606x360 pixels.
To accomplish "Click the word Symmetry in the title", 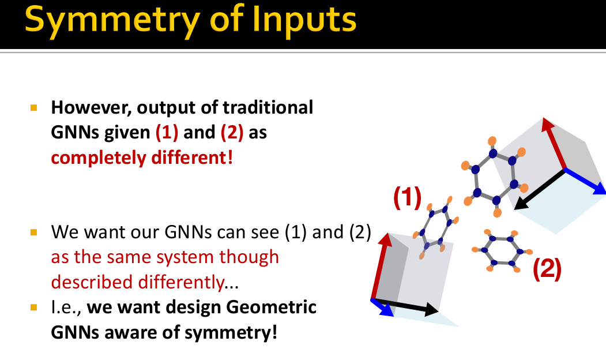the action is [x=112, y=20].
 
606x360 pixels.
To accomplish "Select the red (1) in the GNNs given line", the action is [x=167, y=133].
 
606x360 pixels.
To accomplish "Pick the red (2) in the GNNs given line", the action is [x=232, y=133].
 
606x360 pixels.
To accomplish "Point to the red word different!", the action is [x=192, y=157].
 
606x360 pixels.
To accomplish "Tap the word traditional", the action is [x=268, y=107].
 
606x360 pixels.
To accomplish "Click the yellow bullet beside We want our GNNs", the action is [x=33, y=232].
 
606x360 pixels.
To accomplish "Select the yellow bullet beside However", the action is [x=33, y=107].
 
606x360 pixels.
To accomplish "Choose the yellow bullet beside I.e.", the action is [x=33, y=307].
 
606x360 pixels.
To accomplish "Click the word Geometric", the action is [x=272, y=307].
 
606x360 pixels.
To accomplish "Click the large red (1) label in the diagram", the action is [x=407, y=197].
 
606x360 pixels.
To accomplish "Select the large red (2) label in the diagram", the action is [x=547, y=269].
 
